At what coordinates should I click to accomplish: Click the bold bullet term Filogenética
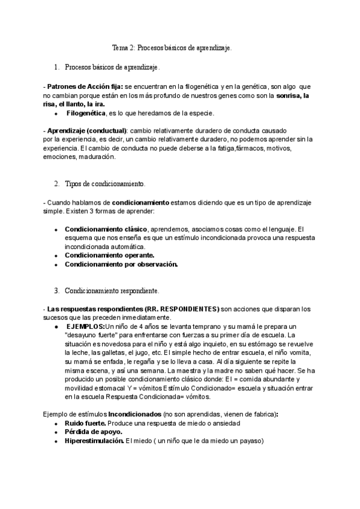[x=85, y=113]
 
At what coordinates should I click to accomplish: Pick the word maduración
[x=95, y=157]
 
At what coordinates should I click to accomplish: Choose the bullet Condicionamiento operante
[x=109, y=255]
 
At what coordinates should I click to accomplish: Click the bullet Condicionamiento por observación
[x=121, y=264]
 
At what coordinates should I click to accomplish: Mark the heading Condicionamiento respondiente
[x=111, y=291]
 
